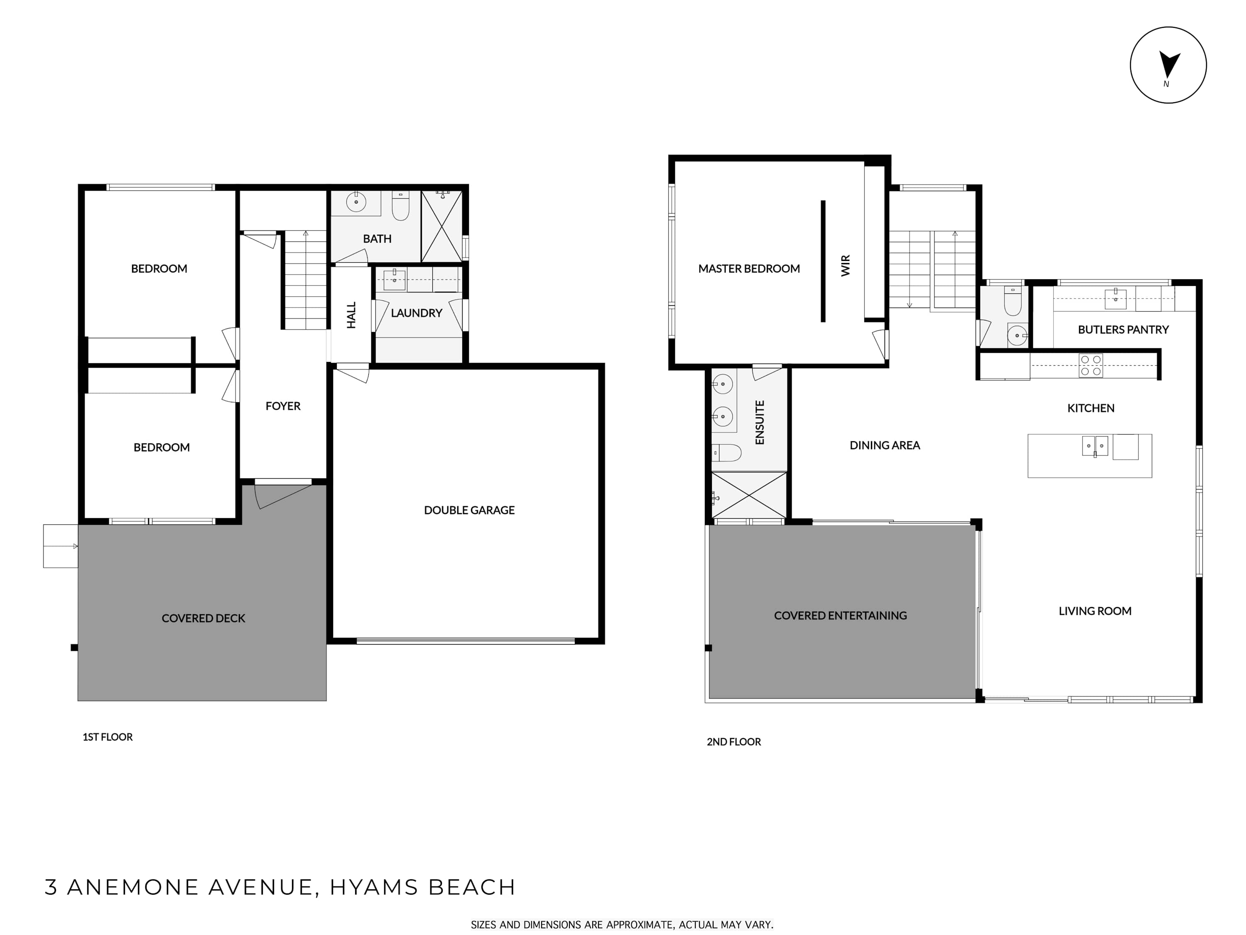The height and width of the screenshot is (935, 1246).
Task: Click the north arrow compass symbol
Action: pyautogui.click(x=1168, y=65)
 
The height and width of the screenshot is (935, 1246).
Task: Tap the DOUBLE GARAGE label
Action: pyautogui.click(x=469, y=510)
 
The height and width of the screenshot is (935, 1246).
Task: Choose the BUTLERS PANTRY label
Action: pyautogui.click(x=1123, y=330)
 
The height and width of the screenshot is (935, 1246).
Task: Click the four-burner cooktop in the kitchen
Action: pyautogui.click(x=1091, y=365)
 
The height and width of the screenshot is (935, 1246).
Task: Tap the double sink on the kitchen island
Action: pyautogui.click(x=1095, y=446)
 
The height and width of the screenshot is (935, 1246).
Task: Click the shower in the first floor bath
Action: pyautogui.click(x=441, y=226)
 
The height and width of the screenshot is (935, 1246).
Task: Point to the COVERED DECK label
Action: pyautogui.click(x=204, y=618)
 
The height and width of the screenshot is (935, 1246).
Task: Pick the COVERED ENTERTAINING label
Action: pyautogui.click(x=841, y=615)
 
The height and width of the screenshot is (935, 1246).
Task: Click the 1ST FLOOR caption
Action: pyautogui.click(x=108, y=737)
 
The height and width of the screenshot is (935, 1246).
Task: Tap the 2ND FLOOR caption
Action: pyautogui.click(x=733, y=742)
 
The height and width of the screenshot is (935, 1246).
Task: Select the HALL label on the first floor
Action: pyautogui.click(x=351, y=315)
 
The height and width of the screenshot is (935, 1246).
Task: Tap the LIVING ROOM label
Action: pyautogui.click(x=1095, y=611)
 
